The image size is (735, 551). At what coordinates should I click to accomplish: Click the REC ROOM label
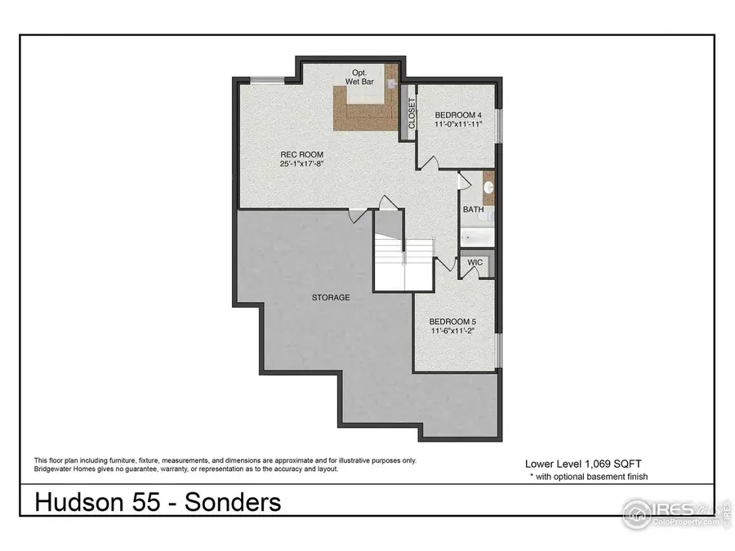pyautogui.click(x=301, y=154)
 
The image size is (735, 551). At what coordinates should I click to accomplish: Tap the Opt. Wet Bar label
pyautogui.click(x=359, y=78)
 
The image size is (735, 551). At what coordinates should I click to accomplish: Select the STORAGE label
pyautogui.click(x=330, y=298)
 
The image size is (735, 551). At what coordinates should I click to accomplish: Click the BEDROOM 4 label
pyautogui.click(x=460, y=114)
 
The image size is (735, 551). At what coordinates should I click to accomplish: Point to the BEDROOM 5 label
pyautogui.click(x=453, y=321)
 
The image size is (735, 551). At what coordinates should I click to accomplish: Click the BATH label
pyautogui.click(x=474, y=210)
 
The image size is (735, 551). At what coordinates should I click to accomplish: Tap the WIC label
pyautogui.click(x=475, y=263)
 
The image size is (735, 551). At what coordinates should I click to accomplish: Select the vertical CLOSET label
pyautogui.click(x=412, y=114)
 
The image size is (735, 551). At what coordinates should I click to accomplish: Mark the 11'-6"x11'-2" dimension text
pyautogui.click(x=453, y=332)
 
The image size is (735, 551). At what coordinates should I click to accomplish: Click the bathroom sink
pyautogui.click(x=488, y=187)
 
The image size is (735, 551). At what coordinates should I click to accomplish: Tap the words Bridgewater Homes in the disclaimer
pyautogui.click(x=69, y=469)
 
